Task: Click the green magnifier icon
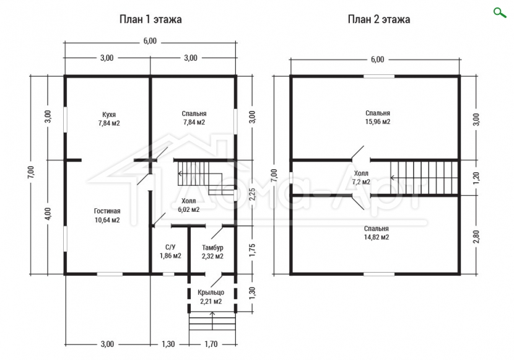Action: point(500,13)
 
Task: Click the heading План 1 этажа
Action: point(150,19)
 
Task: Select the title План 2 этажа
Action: point(379,19)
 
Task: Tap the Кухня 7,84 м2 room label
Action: point(109,119)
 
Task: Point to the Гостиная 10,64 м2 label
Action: point(107,216)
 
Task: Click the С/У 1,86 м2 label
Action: point(170,252)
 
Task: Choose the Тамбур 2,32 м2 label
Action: point(213,252)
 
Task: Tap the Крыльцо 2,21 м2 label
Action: point(211,297)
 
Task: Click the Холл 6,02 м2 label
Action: point(188,205)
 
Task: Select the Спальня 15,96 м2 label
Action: point(378,117)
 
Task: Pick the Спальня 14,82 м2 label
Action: point(377,233)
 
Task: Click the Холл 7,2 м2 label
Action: point(361,177)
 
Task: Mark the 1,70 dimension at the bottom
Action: point(211,345)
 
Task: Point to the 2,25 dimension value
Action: point(253,196)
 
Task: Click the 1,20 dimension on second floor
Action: point(477,177)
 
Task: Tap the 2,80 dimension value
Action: point(477,237)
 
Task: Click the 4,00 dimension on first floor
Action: point(48,213)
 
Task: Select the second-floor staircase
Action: point(424,178)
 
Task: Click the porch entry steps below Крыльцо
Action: point(212,322)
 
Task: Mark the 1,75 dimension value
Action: point(253,250)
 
